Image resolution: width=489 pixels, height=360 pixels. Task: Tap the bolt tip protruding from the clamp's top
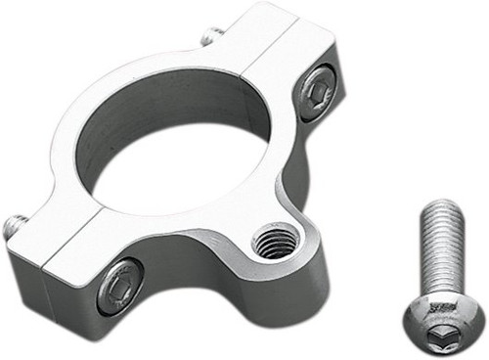[x=208, y=38]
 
